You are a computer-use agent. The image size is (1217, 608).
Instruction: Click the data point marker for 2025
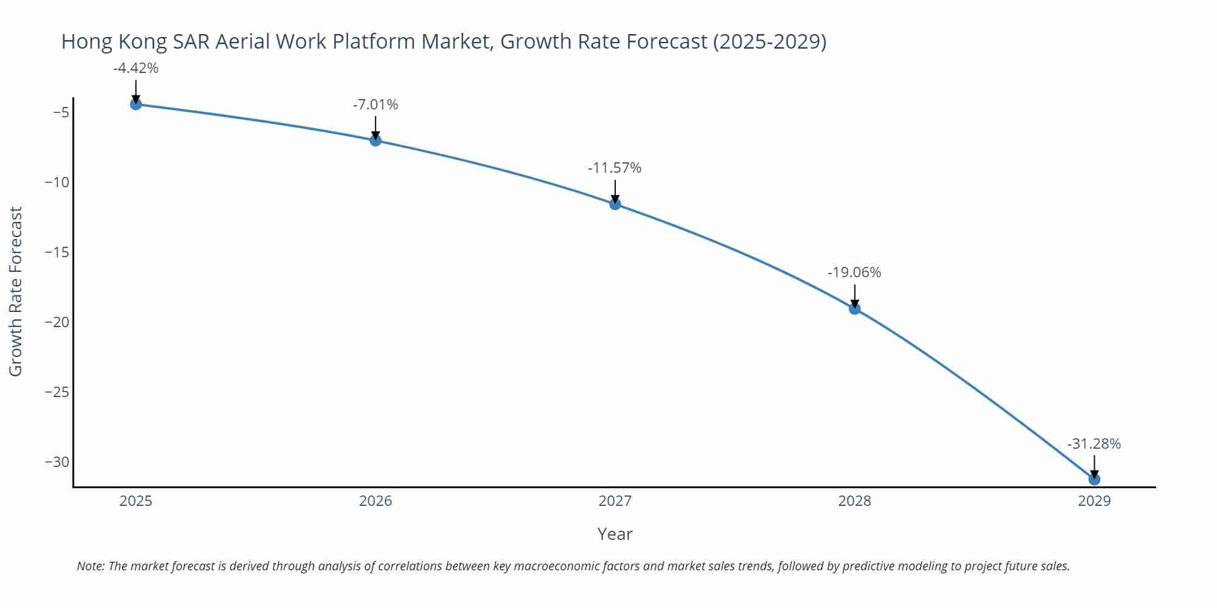pyautogui.click(x=136, y=104)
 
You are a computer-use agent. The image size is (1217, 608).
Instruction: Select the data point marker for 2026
pyautogui.click(x=375, y=140)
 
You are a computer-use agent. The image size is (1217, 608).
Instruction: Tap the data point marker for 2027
pyautogui.click(x=615, y=204)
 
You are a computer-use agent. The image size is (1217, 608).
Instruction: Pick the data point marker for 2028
pyautogui.click(x=854, y=309)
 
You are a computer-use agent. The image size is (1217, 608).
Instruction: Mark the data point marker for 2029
pyautogui.click(x=1094, y=480)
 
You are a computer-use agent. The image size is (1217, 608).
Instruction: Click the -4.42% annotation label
pyautogui.click(x=136, y=68)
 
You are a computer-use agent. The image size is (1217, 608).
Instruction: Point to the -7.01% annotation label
pyautogui.click(x=375, y=105)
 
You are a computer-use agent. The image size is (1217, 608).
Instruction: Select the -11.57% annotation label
pyautogui.click(x=615, y=168)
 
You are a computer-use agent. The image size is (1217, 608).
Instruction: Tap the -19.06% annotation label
pyautogui.click(x=854, y=272)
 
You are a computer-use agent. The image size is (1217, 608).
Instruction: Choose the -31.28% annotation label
pyautogui.click(x=1094, y=444)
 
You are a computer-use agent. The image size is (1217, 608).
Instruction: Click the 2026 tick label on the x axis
pyautogui.click(x=375, y=501)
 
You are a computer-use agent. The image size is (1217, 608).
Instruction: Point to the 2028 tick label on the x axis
pyautogui.click(x=854, y=501)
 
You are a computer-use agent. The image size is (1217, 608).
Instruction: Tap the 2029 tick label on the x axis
pyautogui.click(x=1094, y=501)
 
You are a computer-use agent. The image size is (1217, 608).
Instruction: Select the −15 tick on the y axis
pyautogui.click(x=57, y=252)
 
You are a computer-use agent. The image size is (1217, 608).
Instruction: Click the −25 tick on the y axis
pyautogui.click(x=57, y=392)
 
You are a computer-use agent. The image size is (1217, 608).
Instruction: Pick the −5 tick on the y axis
pyautogui.click(x=60, y=112)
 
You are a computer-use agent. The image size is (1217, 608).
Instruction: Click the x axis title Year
pyautogui.click(x=615, y=534)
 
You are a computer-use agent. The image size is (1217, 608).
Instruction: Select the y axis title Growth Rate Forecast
pyautogui.click(x=16, y=291)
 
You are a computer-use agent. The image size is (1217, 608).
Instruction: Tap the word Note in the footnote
pyautogui.click(x=89, y=566)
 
